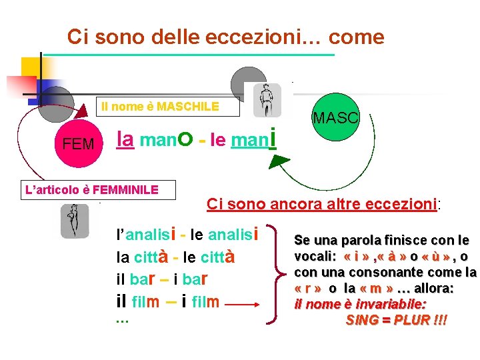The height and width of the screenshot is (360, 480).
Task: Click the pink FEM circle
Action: coord(78,143)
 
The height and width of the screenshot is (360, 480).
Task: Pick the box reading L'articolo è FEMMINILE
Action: coord(91,190)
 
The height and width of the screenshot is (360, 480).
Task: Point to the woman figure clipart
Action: coord(74,221)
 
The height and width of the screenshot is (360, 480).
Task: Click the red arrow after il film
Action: coord(246,303)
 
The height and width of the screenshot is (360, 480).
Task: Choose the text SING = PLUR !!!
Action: coord(397,320)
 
